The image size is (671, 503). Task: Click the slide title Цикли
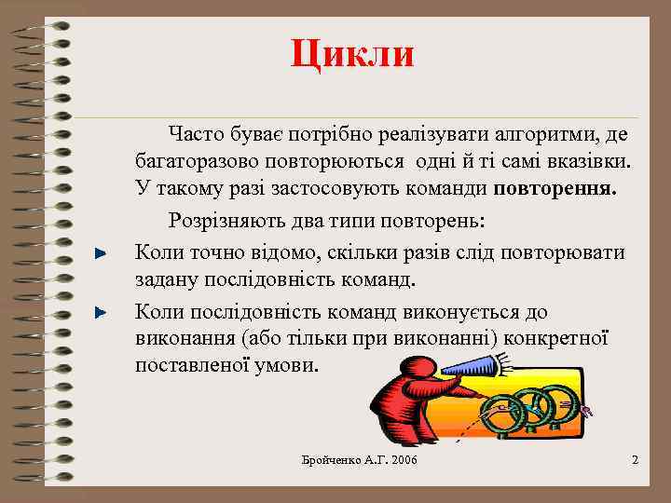pyautogui.click(x=351, y=53)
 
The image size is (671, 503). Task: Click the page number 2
pyautogui.click(x=635, y=461)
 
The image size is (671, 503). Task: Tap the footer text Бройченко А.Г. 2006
pyautogui.click(x=360, y=462)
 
